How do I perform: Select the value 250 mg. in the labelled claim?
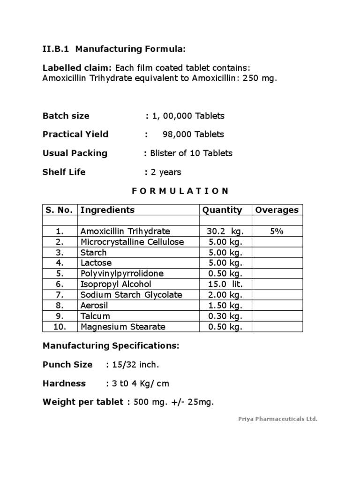point(260,78)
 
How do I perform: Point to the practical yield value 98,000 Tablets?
point(193,135)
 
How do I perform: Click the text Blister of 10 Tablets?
point(191,153)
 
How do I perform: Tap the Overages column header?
point(277,210)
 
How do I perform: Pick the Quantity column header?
point(222,210)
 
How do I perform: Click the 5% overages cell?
point(276,232)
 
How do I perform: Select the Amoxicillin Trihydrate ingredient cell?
point(125,232)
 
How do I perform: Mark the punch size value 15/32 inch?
point(136,365)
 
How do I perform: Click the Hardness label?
point(64,383)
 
